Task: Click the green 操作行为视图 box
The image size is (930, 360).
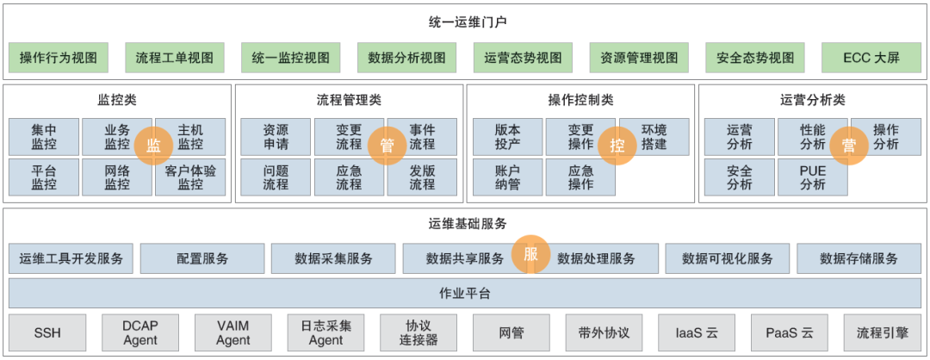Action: (x=59, y=58)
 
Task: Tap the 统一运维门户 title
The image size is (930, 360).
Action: (x=465, y=21)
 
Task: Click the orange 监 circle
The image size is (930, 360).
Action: (x=153, y=146)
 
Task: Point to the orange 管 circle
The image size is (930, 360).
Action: (x=387, y=146)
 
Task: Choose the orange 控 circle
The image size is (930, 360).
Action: (x=617, y=146)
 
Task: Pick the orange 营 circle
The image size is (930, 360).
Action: (x=849, y=146)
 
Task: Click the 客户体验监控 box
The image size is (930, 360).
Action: (x=190, y=177)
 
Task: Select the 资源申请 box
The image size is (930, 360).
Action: (x=276, y=137)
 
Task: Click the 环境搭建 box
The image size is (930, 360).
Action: (x=654, y=137)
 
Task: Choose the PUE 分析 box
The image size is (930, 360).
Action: (x=812, y=177)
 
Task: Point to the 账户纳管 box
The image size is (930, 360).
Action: (x=507, y=177)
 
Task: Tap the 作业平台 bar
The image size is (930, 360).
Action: (x=465, y=293)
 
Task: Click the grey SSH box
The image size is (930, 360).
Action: (x=47, y=332)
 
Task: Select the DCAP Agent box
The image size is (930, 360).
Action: (x=140, y=332)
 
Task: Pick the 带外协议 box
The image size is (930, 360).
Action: (x=604, y=332)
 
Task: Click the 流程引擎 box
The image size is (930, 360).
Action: (x=882, y=332)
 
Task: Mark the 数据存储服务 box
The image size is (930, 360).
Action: (x=859, y=258)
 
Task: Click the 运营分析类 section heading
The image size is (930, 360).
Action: (x=812, y=100)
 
